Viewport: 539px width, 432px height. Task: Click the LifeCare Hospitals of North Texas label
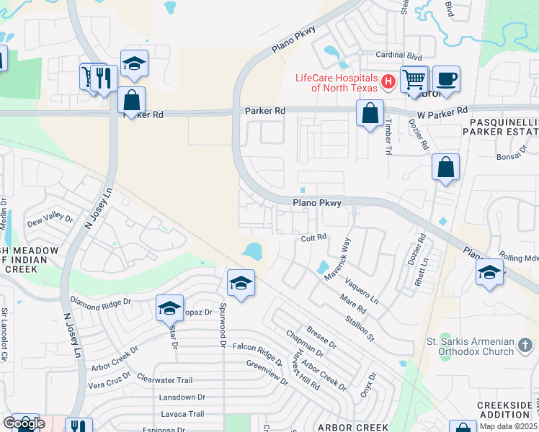tap(337, 83)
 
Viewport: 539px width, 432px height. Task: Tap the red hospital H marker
tap(388, 82)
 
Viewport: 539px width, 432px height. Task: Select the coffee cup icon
tap(446, 78)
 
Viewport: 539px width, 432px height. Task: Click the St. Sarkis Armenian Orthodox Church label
tap(470, 346)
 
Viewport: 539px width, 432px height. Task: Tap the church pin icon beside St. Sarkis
tap(527, 350)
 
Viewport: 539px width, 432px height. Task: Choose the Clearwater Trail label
tap(165, 379)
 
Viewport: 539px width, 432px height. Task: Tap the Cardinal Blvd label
tap(397, 55)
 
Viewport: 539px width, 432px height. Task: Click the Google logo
tap(24, 423)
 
